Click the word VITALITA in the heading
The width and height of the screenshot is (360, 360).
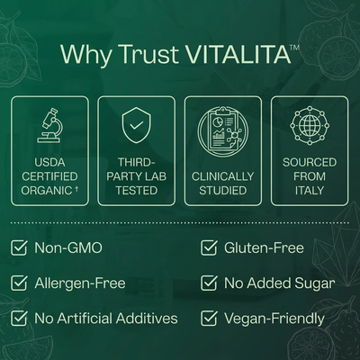click(x=240, y=54)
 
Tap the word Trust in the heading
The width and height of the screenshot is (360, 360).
click(x=151, y=54)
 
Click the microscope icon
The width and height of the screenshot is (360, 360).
click(x=50, y=125)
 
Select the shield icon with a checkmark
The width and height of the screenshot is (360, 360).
click(x=137, y=125)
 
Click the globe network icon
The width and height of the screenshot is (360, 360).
click(x=310, y=125)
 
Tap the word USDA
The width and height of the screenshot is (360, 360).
click(x=49, y=162)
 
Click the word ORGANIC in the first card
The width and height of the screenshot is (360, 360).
click(x=47, y=191)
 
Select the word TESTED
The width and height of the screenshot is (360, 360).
click(x=137, y=191)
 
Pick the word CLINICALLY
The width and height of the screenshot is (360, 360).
click(x=223, y=176)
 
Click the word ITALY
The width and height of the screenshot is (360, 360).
click(x=310, y=191)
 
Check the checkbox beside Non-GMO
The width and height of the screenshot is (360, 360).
click(x=19, y=247)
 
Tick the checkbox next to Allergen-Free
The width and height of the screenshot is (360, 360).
click(x=19, y=283)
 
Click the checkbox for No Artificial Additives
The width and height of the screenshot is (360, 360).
click(x=19, y=319)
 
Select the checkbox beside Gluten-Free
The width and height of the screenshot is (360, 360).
click(x=209, y=247)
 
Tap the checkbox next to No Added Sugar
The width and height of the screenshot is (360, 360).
click(x=209, y=283)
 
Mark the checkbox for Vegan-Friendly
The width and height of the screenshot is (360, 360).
click(x=209, y=319)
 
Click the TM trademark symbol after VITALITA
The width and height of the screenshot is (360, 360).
click(x=295, y=48)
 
